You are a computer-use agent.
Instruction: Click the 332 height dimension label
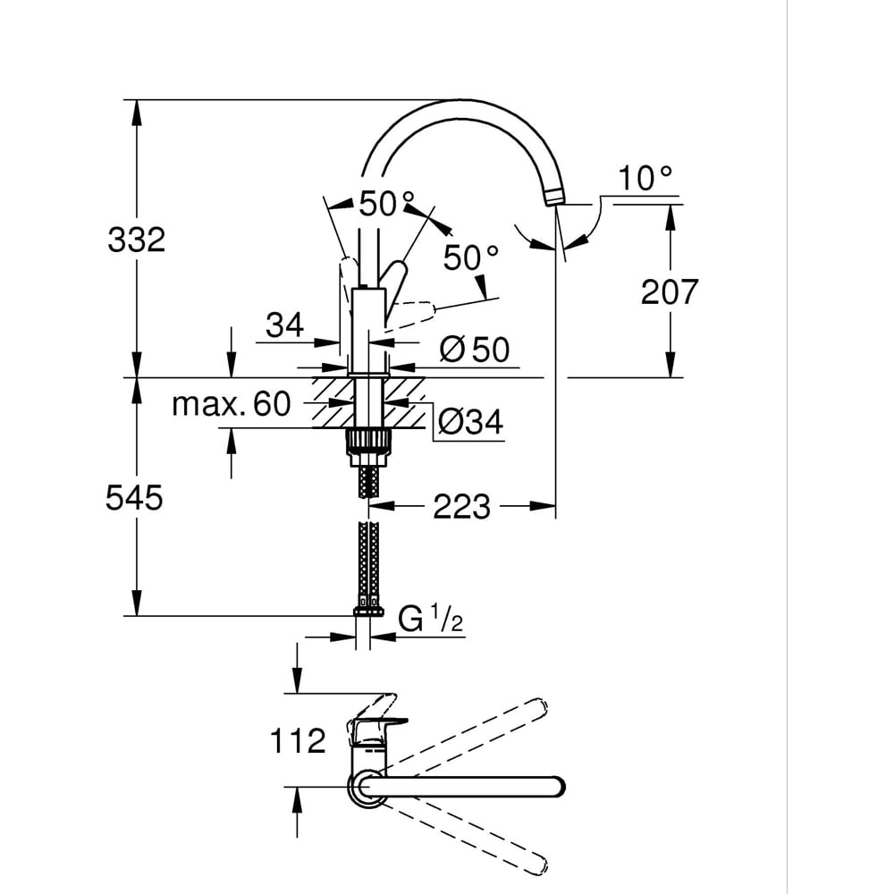[x=136, y=240]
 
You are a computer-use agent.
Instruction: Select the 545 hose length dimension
[x=134, y=498]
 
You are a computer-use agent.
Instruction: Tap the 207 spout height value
[x=669, y=291]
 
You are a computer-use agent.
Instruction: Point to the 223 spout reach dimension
[x=461, y=507]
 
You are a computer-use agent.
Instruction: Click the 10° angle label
[x=646, y=179]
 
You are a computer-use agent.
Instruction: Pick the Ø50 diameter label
[x=474, y=350]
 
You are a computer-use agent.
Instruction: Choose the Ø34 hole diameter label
[x=469, y=420]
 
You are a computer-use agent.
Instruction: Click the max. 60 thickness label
[x=232, y=405]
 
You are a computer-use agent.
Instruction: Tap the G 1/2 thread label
[x=430, y=619]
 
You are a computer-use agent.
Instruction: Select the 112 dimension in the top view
[x=297, y=740]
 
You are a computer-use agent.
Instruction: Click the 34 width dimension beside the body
[x=284, y=326]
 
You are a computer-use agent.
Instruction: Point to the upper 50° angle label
[x=387, y=205]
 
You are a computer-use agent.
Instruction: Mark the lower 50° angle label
[x=470, y=258]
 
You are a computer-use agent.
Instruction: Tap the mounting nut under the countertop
[x=367, y=443]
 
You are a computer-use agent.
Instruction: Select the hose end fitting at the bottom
[x=367, y=611]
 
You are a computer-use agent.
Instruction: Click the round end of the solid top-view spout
[x=556, y=787]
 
